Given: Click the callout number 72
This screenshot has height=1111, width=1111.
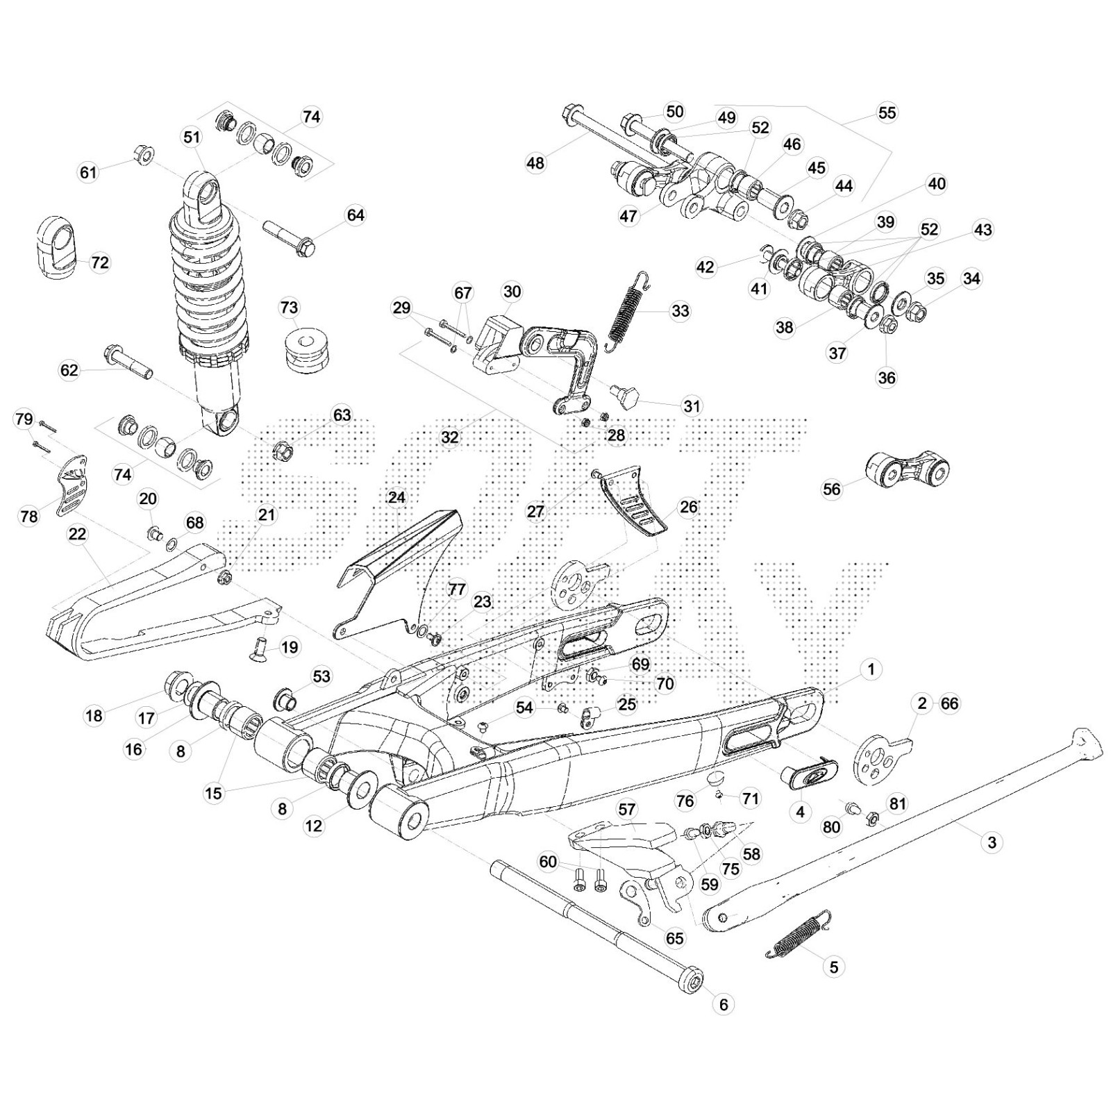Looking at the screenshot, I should point(100,262).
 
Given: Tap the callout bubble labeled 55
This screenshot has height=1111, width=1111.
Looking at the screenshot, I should point(887,113).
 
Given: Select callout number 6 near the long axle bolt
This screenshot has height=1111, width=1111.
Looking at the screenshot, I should point(723,1004).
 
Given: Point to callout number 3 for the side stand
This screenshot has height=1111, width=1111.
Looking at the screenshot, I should point(992,842).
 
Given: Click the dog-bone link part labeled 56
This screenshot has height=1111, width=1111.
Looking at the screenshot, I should point(908,469).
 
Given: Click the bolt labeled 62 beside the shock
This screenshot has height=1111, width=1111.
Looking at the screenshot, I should point(127,362).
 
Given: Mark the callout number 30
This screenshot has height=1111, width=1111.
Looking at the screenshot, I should point(512,292).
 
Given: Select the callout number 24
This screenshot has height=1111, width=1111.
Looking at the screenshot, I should point(396,498).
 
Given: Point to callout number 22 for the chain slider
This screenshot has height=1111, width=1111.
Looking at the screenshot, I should point(77,534).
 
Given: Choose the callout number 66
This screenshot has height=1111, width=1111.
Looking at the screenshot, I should point(949,703).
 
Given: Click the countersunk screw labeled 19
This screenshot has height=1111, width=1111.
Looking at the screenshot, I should point(262,647).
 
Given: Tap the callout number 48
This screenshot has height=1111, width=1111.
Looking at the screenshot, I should point(535,163).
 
